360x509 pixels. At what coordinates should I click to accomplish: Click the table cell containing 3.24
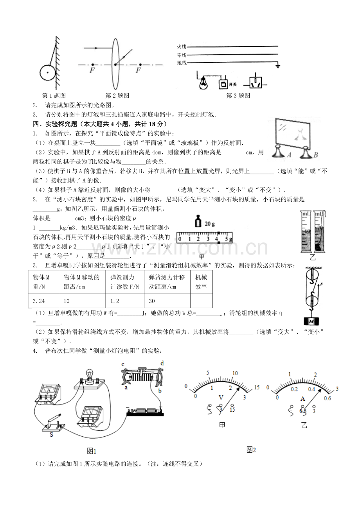point(43,301)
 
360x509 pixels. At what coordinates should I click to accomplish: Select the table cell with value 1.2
point(125,301)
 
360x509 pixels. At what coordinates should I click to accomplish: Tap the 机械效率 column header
point(201,282)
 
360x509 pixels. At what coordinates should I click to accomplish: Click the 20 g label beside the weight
point(209,224)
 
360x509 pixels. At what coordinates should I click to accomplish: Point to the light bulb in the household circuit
point(203,83)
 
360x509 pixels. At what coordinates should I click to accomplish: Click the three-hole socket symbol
point(256,83)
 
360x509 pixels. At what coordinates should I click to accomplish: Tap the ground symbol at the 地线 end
point(278,66)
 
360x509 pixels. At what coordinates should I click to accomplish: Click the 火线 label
point(182,47)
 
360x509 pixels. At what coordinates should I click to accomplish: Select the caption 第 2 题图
point(117,96)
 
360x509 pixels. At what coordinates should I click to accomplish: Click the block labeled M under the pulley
point(311,321)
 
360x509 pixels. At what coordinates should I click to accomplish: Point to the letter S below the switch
point(51,435)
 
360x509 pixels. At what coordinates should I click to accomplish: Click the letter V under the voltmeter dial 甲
point(221,398)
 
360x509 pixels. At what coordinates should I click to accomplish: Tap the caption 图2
point(251,450)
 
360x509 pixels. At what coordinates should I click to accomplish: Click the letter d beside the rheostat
point(162,363)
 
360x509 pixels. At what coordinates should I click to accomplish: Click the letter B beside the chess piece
point(316,155)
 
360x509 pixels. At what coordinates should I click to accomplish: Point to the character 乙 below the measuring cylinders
point(313,258)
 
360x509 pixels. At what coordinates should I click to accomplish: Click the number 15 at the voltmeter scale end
point(257,387)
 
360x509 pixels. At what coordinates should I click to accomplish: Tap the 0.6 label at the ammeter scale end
point(327,398)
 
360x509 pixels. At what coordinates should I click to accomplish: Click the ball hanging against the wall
point(47,73)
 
